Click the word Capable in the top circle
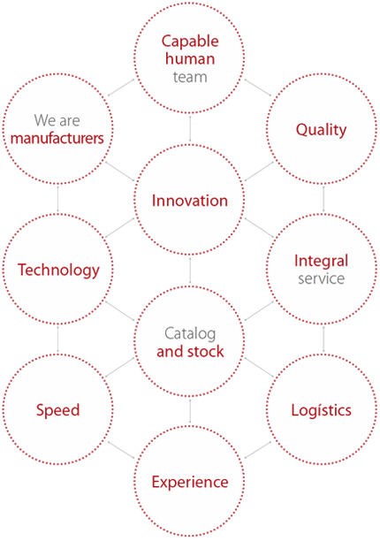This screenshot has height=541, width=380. [x=190, y=42]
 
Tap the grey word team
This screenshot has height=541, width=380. [x=190, y=77]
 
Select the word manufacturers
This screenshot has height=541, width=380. [x=57, y=139]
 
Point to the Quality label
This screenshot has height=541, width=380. [x=322, y=130]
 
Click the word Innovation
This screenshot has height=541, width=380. [x=190, y=201]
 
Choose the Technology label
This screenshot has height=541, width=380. [x=58, y=270]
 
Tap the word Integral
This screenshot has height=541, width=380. [x=322, y=261]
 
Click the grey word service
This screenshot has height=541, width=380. [x=322, y=278]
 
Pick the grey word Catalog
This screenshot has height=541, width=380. [x=190, y=333]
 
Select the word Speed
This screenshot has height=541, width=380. [x=58, y=410]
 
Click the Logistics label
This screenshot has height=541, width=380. [x=322, y=410]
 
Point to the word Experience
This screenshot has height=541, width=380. [x=190, y=483]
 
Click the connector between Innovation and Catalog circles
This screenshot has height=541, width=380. [x=190, y=270]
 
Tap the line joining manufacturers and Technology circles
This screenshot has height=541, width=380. [x=58, y=199]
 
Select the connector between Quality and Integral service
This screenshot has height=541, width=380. [x=323, y=199]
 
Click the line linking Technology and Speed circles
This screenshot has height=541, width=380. [x=58, y=339]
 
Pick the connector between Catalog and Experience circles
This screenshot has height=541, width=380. [x=190, y=411]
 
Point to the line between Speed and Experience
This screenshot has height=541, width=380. [x=121, y=450]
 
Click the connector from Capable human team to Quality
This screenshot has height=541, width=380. [x=258, y=88]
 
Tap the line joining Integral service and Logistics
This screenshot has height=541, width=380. [x=323, y=339]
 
